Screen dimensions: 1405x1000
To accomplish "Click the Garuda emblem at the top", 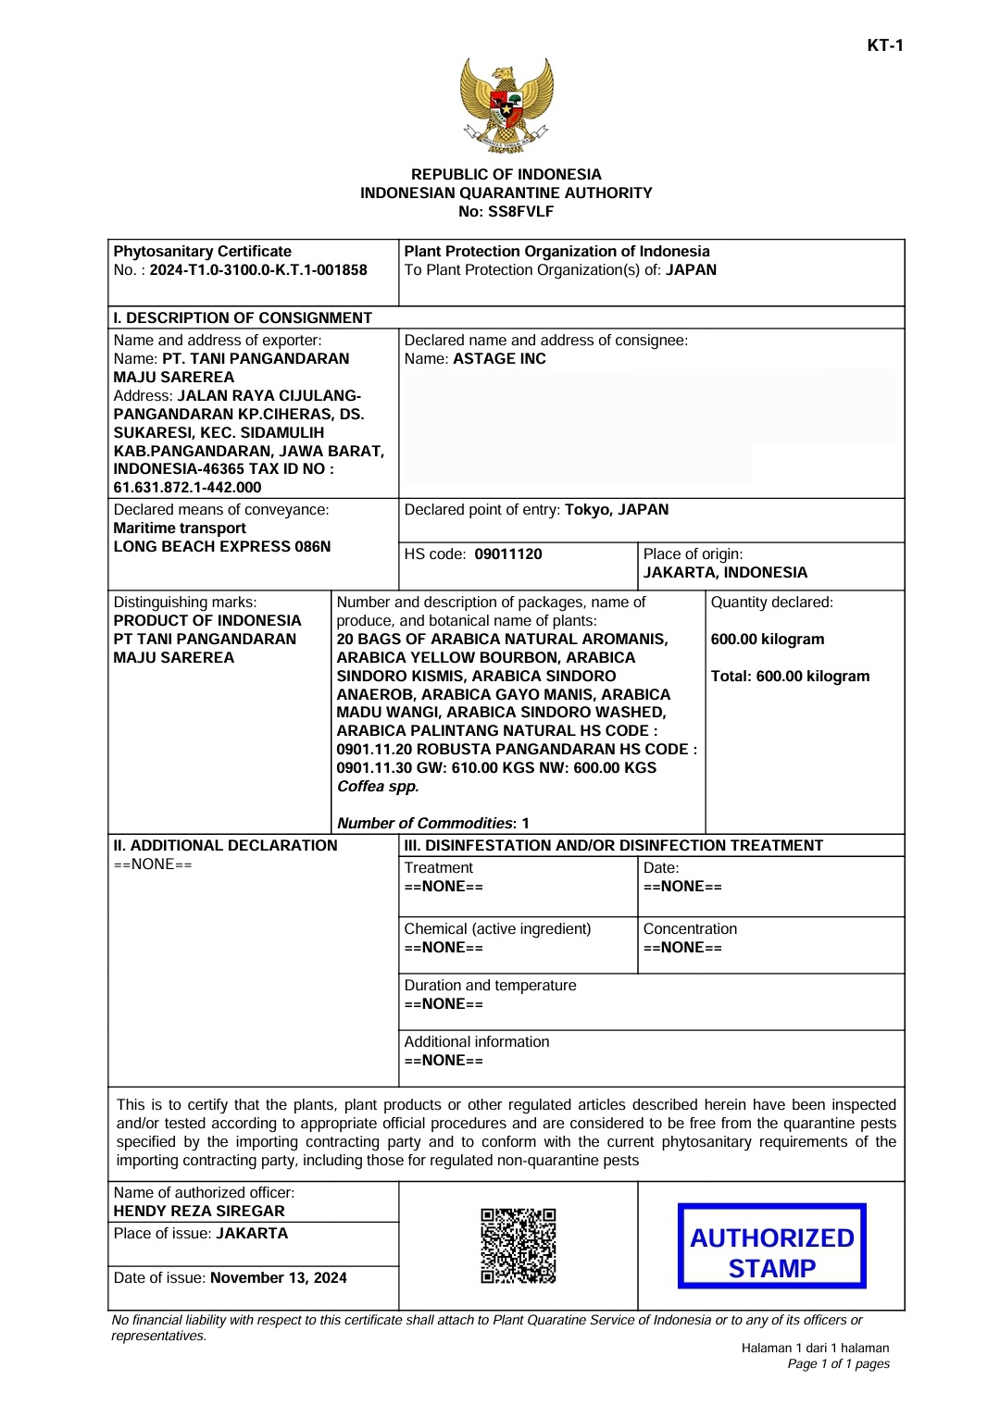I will pyautogui.click(x=506, y=106).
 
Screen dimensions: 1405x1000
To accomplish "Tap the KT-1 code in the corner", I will pyautogui.click(x=884, y=45).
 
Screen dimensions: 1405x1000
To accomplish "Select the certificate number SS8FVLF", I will pyautogui.click(x=520, y=212).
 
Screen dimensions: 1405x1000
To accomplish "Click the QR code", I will pyautogui.click(x=519, y=1245).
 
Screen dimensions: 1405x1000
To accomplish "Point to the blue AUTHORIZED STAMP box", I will pyautogui.click(x=771, y=1246).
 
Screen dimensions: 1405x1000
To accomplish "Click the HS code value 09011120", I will pyautogui.click(x=508, y=554).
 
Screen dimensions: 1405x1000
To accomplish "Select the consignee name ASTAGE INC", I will pyautogui.click(x=499, y=359).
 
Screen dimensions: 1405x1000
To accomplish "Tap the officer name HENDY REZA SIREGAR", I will pyautogui.click(x=199, y=1211).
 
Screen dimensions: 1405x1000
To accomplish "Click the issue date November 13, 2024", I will pyautogui.click(x=279, y=1278).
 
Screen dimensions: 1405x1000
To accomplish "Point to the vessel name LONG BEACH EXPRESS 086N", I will pyautogui.click(x=222, y=547).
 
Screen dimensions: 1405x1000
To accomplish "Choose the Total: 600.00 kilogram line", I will pyautogui.click(x=790, y=677).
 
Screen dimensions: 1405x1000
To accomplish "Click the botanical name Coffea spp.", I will pyautogui.click(x=378, y=787).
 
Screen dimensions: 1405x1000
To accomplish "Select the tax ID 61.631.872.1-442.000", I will pyautogui.click(x=188, y=488).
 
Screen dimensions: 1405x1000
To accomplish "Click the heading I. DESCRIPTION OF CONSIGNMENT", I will pyautogui.click(x=243, y=318).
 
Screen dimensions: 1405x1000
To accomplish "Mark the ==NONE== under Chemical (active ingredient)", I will pyautogui.click(x=444, y=948).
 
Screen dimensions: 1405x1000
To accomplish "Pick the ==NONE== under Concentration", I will pyautogui.click(x=682, y=948).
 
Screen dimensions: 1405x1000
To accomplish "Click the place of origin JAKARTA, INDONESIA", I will pyautogui.click(x=725, y=573).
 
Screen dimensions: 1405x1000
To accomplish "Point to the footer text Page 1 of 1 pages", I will pyautogui.click(x=838, y=1364).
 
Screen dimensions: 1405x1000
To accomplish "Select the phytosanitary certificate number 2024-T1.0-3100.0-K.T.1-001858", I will pyautogui.click(x=258, y=270).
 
